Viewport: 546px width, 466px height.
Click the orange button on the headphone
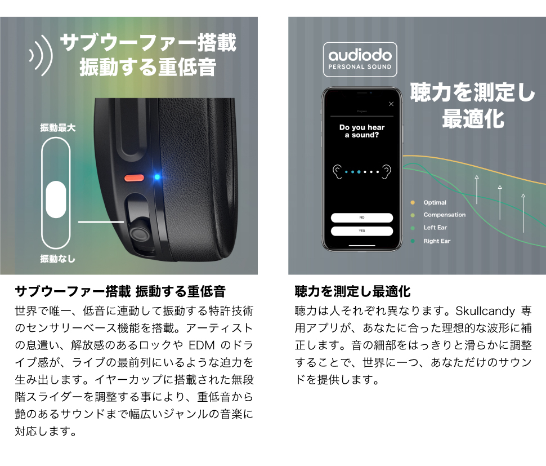click(x=134, y=177)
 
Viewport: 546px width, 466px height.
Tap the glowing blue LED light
click(x=157, y=177)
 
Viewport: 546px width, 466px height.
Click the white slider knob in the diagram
click(x=56, y=199)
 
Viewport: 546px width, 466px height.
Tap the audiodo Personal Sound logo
click(x=360, y=59)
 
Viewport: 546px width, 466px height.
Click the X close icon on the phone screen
click(x=391, y=104)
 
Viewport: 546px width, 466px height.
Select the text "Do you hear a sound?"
click(x=362, y=131)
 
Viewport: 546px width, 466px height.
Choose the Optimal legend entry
click(x=435, y=202)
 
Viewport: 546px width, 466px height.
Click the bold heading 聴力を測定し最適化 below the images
click(x=353, y=291)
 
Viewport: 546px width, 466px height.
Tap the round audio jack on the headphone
click(x=137, y=234)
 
